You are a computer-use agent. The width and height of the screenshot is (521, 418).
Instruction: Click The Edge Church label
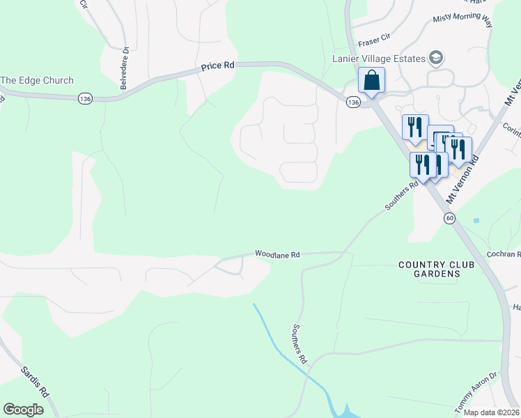point(37,80)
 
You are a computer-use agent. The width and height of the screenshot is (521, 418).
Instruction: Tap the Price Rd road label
point(217,66)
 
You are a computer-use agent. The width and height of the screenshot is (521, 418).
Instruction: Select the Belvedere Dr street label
point(125,68)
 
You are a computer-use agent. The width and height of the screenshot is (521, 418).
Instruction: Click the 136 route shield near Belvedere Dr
point(85,99)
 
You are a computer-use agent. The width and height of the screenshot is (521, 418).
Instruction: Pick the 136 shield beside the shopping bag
point(353,102)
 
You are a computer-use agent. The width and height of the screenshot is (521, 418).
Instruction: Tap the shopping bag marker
point(372,80)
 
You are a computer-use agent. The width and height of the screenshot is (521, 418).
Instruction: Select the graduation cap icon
point(437,56)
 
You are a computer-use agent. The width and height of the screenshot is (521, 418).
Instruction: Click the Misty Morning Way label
point(462,21)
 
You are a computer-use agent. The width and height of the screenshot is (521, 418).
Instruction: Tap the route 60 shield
point(450,218)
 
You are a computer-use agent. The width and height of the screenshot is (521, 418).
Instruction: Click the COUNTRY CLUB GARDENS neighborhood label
point(430,270)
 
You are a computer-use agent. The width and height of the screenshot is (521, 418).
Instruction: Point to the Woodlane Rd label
point(277,255)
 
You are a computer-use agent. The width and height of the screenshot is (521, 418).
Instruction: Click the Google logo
point(24,410)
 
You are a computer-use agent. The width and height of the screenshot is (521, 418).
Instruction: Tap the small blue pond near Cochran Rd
point(476,220)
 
